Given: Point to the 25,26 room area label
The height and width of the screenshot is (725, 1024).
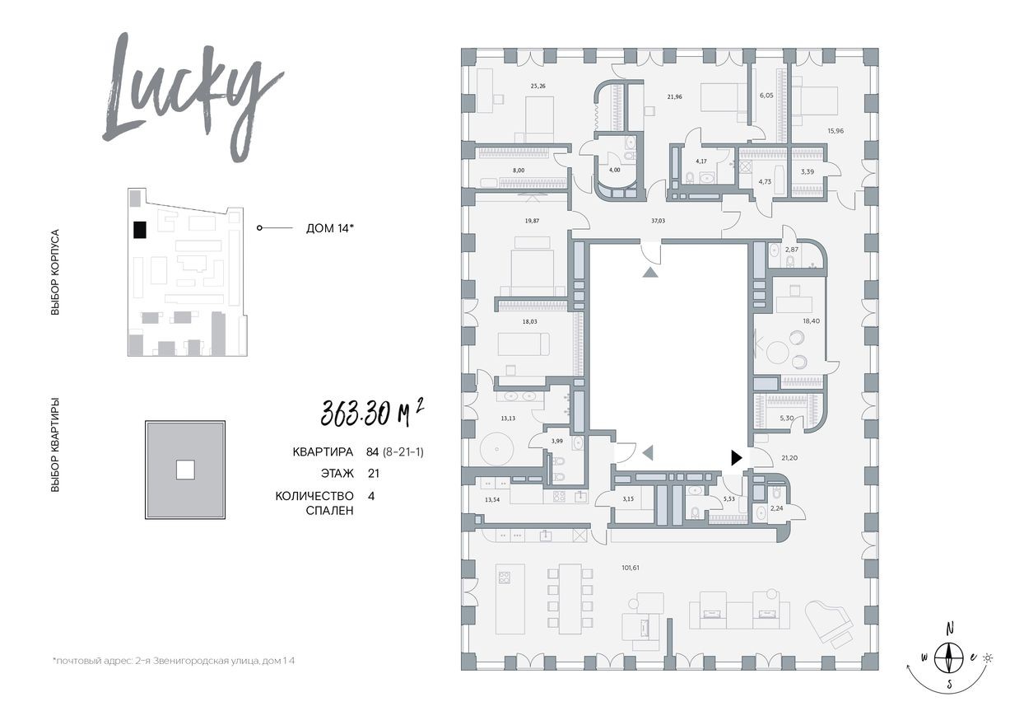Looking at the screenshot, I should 538,84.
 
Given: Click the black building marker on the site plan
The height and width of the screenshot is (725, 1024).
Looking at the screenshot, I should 140,230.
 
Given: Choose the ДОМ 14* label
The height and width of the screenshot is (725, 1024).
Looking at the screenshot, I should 329,228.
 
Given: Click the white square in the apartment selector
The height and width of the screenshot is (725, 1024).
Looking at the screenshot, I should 185,470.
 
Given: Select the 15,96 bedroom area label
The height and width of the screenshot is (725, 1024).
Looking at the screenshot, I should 835,129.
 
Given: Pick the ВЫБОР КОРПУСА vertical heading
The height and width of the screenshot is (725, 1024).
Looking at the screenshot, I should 55,273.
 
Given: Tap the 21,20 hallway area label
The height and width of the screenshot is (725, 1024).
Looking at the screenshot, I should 789,457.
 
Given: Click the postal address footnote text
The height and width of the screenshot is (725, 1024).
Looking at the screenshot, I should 173,662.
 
